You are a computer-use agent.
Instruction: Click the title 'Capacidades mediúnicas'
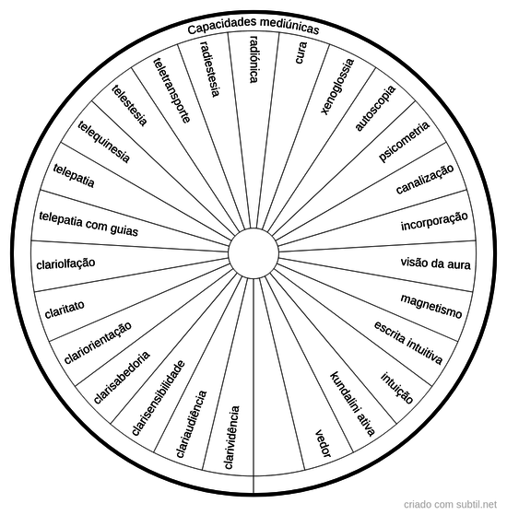253,26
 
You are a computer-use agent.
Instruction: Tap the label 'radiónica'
254,59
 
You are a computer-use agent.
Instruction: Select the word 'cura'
301,53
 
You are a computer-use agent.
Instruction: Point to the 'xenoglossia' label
337,87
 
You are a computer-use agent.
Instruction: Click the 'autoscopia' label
375,109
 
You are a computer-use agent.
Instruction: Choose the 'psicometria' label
404,142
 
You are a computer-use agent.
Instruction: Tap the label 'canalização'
425,180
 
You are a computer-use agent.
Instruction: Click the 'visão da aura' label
435,263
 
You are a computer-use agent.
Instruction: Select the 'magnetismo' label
431,307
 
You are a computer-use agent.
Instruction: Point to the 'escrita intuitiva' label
408,343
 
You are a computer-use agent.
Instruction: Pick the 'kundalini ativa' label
352,404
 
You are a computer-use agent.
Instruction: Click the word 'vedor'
324,443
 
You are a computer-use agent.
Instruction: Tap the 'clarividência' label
231,438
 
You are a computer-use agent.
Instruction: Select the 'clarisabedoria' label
122,378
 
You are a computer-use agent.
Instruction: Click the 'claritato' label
65,309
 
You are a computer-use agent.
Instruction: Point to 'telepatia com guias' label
88,224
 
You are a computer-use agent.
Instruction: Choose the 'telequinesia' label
104,142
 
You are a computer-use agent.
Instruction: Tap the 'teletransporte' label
171,90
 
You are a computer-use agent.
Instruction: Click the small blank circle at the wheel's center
253,253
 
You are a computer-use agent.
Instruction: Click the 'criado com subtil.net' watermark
450,504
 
